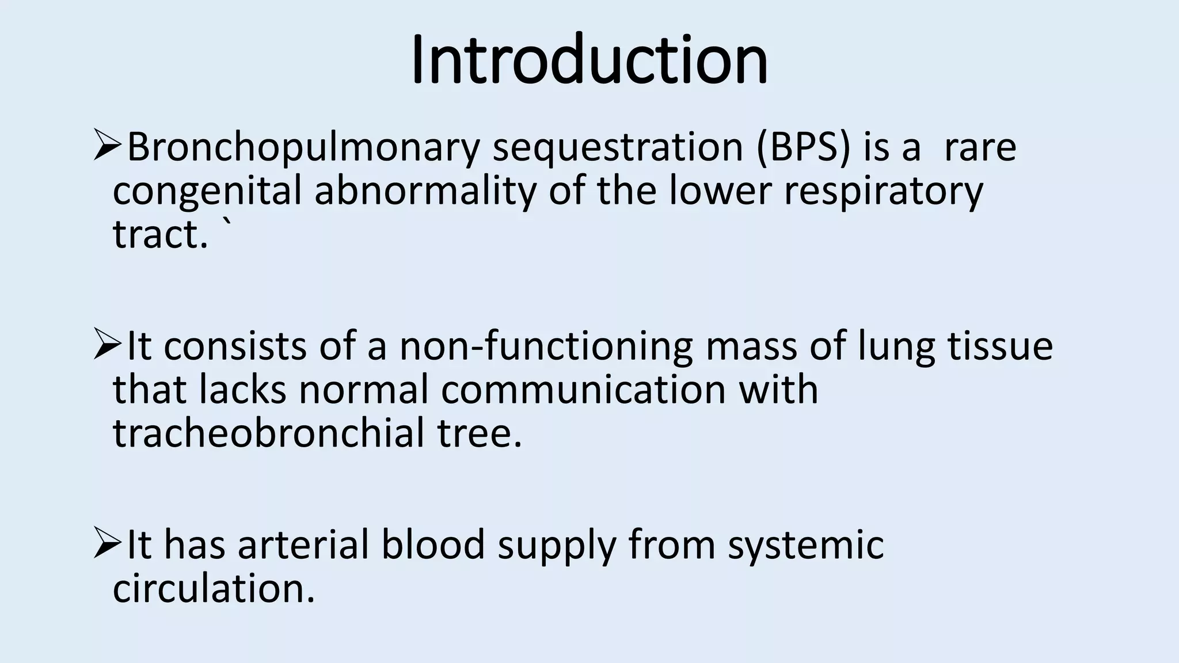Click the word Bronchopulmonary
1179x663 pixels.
(303, 148)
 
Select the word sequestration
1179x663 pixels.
(618, 148)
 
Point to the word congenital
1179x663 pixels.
(207, 192)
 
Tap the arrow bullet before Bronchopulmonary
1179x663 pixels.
(107, 147)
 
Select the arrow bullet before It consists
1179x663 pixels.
(107, 346)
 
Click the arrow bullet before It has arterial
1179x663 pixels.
(107, 544)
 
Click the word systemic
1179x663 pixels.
(805, 545)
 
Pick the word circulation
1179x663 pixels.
(214, 589)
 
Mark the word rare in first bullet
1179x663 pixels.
(980, 148)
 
